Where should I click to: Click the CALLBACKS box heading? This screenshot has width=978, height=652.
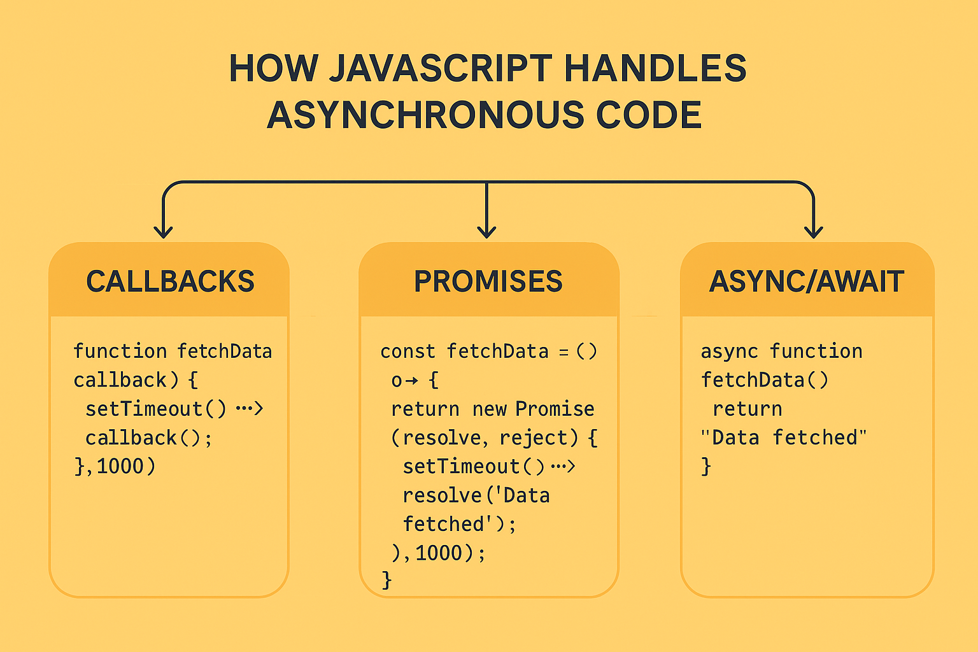click(x=170, y=281)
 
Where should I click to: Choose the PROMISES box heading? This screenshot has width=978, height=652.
click(x=488, y=281)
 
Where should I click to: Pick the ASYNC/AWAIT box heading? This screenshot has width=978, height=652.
click(x=807, y=281)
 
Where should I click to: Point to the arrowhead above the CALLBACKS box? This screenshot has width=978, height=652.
click(x=164, y=232)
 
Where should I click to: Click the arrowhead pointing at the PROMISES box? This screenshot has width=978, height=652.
click(x=486, y=232)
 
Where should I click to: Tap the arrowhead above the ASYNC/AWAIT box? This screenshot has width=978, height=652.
click(x=814, y=232)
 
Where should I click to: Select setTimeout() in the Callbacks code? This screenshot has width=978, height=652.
click(x=155, y=409)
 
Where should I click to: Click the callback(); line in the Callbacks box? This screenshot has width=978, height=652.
click(x=148, y=438)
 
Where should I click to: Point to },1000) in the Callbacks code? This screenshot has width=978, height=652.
click(x=115, y=467)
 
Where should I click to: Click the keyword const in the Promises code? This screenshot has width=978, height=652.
click(x=407, y=351)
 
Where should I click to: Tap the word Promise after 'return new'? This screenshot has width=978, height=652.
click(x=555, y=409)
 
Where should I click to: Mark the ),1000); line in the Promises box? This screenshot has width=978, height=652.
click(x=438, y=553)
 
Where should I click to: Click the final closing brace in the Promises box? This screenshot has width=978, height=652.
click(x=386, y=580)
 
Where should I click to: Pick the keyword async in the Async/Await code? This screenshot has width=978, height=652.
click(x=729, y=351)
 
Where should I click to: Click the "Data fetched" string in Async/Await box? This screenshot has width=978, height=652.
click(x=783, y=438)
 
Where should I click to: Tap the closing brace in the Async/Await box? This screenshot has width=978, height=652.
click(x=705, y=467)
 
